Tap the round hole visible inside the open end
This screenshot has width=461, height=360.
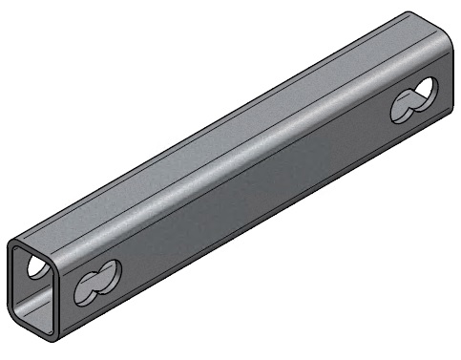[35, 269]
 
